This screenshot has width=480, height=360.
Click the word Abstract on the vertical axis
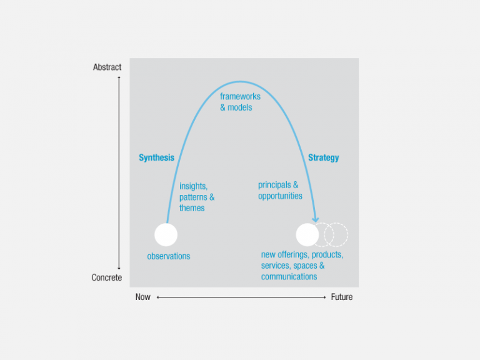coord(107,67)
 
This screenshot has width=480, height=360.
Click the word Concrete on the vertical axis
coord(107,277)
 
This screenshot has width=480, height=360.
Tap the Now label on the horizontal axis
coord(142,297)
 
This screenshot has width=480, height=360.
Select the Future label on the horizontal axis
coord(341,297)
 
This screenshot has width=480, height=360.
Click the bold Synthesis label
coord(156,157)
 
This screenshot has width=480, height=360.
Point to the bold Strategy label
coord(323,157)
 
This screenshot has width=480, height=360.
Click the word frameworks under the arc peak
coord(240,97)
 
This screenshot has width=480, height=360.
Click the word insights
coord(192,186)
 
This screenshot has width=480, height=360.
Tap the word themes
coord(192,208)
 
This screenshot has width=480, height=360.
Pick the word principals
coord(274,185)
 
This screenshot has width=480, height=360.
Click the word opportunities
coord(280,196)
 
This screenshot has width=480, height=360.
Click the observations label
coord(169,256)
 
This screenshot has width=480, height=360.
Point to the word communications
coord(289,277)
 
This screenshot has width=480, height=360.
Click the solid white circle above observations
coord(166,234)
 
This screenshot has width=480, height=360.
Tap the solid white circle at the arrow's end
coord(307,234)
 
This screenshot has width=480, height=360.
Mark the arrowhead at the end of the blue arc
coord(316,218)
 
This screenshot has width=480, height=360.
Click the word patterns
coord(194,197)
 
